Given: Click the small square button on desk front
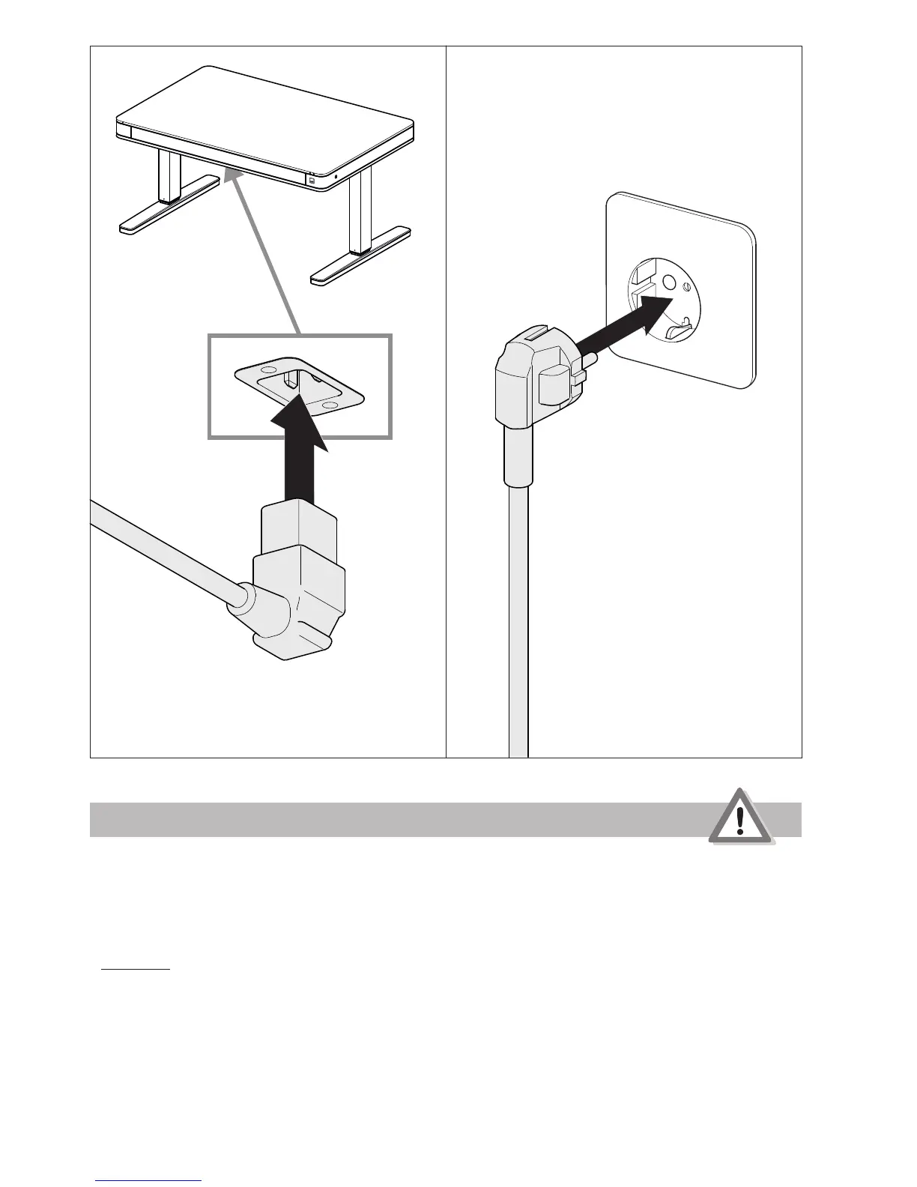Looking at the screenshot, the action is [x=312, y=180].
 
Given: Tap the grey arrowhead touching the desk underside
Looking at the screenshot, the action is [x=235, y=176].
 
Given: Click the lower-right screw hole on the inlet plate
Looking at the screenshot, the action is [x=328, y=405].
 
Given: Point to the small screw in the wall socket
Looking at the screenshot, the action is [x=688, y=285].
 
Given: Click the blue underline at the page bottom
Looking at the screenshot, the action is [x=149, y=1180].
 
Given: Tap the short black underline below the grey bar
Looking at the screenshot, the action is [x=136, y=969].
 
